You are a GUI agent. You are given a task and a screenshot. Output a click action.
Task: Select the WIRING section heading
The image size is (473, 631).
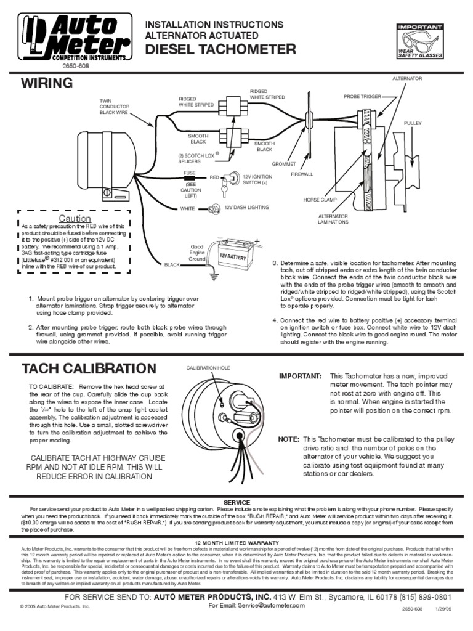click(47, 83)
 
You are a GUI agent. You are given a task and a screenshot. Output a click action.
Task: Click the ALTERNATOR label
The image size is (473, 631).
click(407, 79)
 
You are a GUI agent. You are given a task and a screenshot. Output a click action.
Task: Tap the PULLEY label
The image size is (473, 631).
click(412, 124)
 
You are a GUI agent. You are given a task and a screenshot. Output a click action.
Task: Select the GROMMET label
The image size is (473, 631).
click(284, 164)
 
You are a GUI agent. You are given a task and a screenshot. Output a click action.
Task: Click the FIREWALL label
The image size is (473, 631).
click(302, 174)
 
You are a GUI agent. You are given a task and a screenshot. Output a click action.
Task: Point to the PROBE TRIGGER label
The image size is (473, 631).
click(362, 97)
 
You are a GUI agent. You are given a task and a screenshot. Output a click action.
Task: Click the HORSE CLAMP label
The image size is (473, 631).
click(319, 200)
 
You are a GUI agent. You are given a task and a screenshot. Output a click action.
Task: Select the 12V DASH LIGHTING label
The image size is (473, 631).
click(246, 208)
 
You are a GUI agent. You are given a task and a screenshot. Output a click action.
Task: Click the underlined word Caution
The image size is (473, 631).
click(75, 219)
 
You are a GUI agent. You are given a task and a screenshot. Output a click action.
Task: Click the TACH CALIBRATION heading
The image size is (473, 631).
click(89, 369)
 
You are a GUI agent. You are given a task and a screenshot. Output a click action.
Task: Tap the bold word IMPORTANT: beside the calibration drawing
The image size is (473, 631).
click(300, 376)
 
